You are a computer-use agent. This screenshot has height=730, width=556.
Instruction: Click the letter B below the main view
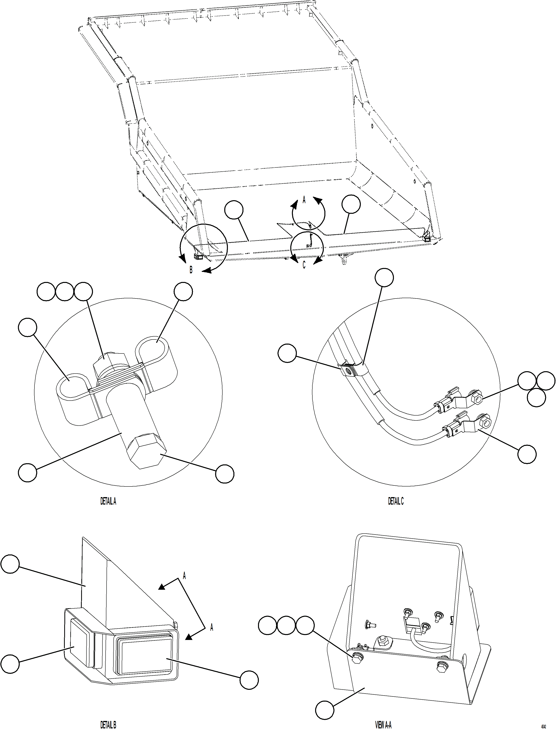(191, 270)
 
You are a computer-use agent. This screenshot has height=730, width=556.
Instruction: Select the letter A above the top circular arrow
(304, 200)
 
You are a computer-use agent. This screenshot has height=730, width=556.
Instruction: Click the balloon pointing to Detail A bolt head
(225, 474)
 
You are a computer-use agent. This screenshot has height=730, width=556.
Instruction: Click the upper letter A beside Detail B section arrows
(184, 576)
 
